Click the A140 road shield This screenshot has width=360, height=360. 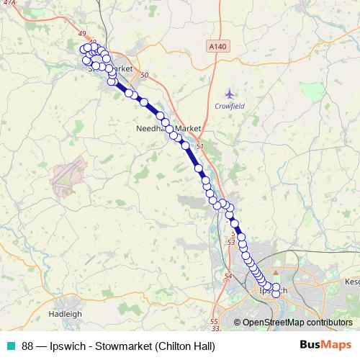pos(220,47)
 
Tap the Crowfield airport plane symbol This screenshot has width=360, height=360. pos(230,94)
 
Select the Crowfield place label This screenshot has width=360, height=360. pos(230,107)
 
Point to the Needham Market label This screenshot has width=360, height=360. pos(168,128)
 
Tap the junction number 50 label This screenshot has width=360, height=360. pos(145,76)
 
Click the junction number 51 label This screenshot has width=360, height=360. pos(200,146)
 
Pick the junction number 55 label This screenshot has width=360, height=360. pos(214,321)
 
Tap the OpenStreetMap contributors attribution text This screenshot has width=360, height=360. pos(297,322)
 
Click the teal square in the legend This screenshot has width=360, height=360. pos(10,346)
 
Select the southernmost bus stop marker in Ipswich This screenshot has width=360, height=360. pos(275,294)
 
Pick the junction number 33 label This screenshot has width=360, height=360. pos(216,328)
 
